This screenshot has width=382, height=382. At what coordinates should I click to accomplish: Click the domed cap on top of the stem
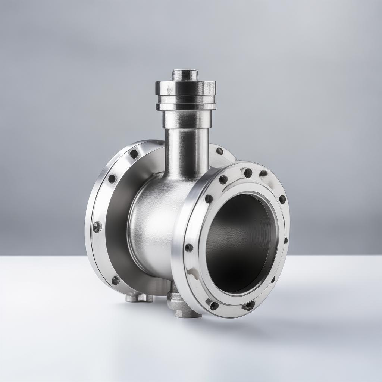[x=185, y=75]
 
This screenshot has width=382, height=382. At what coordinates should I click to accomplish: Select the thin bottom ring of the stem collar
[x=185, y=107]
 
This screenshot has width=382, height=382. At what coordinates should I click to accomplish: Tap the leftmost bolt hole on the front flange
[x=189, y=248]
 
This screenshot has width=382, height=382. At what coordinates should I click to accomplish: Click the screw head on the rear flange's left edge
[x=97, y=226]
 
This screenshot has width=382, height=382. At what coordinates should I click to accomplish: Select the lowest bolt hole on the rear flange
[x=116, y=279]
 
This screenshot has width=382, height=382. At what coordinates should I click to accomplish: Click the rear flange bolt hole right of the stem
[x=219, y=151]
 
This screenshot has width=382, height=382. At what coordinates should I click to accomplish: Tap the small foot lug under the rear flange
[x=139, y=297]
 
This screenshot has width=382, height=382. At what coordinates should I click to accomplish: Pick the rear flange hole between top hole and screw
[x=112, y=179]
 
